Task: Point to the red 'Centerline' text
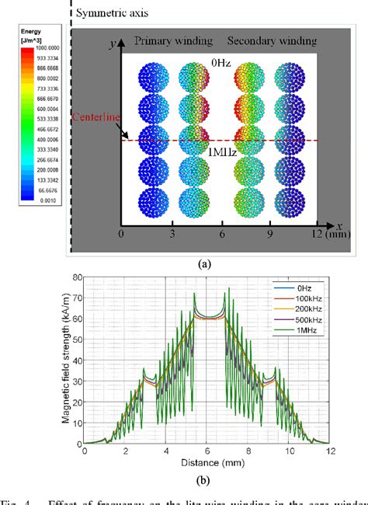95,117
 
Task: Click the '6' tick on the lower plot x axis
206,451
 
